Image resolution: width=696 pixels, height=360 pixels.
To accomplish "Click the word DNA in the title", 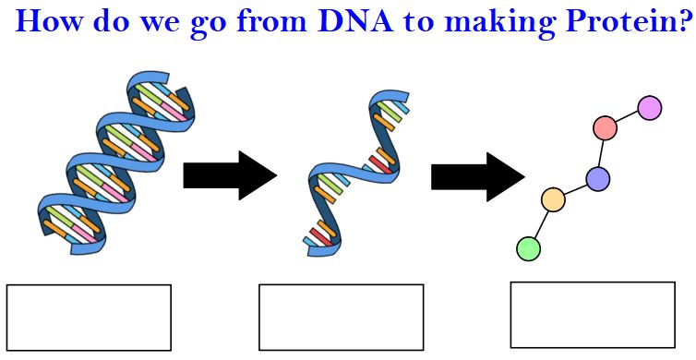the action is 356,21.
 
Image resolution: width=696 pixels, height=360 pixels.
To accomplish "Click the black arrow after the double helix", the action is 230,174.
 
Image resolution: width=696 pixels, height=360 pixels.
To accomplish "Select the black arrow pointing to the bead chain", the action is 478,176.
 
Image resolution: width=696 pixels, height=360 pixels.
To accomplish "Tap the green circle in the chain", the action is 529,248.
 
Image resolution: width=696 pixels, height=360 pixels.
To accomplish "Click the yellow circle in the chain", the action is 553,198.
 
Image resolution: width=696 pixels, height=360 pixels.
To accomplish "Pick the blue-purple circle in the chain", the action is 597,179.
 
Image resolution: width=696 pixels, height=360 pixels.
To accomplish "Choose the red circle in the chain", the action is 605,127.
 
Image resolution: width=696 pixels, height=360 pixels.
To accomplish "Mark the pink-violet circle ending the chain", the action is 650,108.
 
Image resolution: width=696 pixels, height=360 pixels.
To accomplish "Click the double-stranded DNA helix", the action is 116,163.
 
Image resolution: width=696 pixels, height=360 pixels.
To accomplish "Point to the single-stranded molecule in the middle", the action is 355,174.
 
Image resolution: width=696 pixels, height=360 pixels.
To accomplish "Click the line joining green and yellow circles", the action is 541,223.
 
